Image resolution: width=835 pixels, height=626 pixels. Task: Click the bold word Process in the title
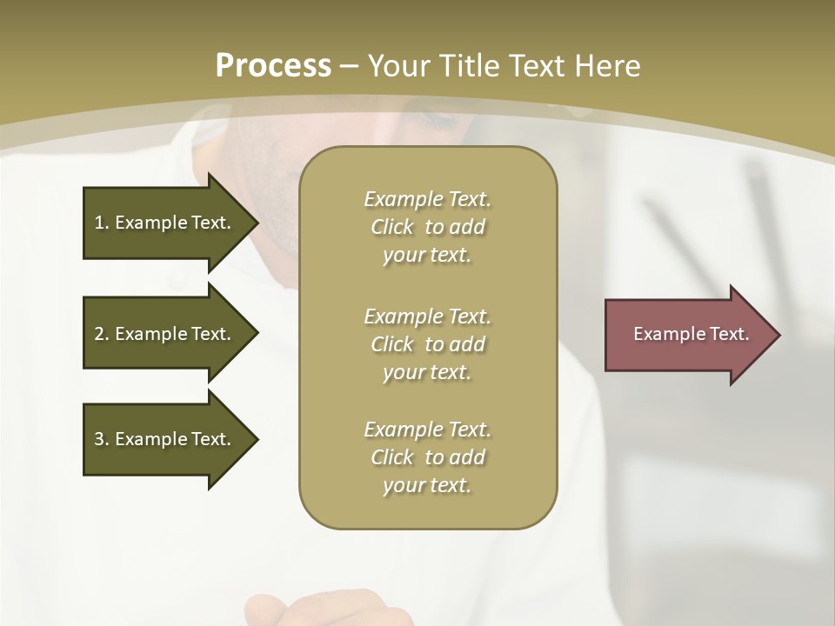pos(273,66)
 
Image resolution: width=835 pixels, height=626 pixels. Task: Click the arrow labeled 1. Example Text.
pos(165,223)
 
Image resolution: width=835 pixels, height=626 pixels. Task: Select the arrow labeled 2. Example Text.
pos(165,334)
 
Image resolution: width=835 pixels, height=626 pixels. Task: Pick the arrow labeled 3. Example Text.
pos(165,439)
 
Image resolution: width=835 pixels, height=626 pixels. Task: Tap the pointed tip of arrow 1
pos(256,223)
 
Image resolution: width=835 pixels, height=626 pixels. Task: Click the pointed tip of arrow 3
pos(256,439)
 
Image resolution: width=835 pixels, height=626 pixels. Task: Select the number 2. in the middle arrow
pos(101,334)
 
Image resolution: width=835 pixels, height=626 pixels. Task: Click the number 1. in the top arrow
pos(101,223)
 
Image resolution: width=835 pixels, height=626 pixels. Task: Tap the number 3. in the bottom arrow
pos(101,439)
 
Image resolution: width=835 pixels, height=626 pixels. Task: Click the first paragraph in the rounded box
pos(427,227)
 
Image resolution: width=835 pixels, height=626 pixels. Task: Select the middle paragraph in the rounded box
pos(427,344)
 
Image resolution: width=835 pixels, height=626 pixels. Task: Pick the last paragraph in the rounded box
pos(427,457)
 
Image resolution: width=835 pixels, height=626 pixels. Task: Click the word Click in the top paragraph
pos(392,227)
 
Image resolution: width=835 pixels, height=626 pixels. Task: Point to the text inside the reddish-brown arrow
pos(691,334)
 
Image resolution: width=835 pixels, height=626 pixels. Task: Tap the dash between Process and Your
pos(350,66)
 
